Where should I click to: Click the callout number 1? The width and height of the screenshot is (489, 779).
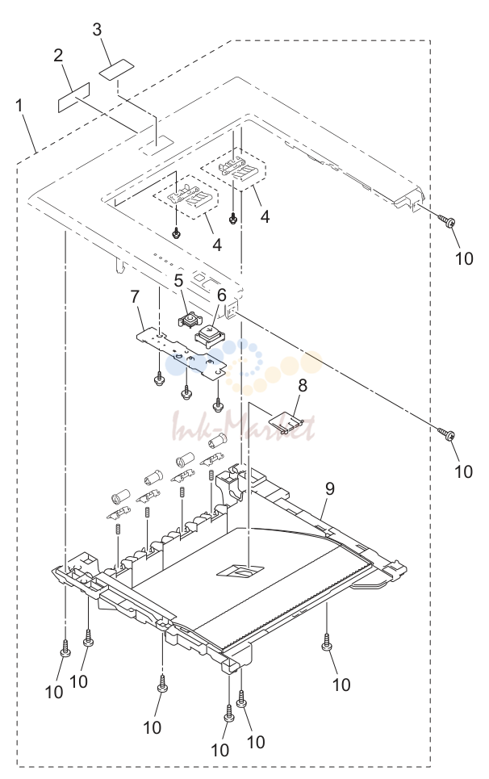click(19, 106)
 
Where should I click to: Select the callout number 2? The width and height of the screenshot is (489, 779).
click(59, 55)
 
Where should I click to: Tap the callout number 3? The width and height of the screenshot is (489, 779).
click(97, 29)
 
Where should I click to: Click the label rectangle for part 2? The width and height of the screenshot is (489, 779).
click(74, 97)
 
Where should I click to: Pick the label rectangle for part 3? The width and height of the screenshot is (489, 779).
click(117, 69)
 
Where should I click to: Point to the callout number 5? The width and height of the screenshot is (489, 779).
click(179, 280)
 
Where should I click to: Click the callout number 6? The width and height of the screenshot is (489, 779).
click(221, 295)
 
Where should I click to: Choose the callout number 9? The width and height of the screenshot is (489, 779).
click(330, 489)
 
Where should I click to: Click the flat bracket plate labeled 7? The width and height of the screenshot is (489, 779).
click(182, 350)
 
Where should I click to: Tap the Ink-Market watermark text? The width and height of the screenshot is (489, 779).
click(243, 427)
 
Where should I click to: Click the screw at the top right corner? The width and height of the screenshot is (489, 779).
click(447, 220)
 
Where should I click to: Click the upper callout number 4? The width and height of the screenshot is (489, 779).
click(265, 216)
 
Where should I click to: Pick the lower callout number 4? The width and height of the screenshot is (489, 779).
click(217, 245)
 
